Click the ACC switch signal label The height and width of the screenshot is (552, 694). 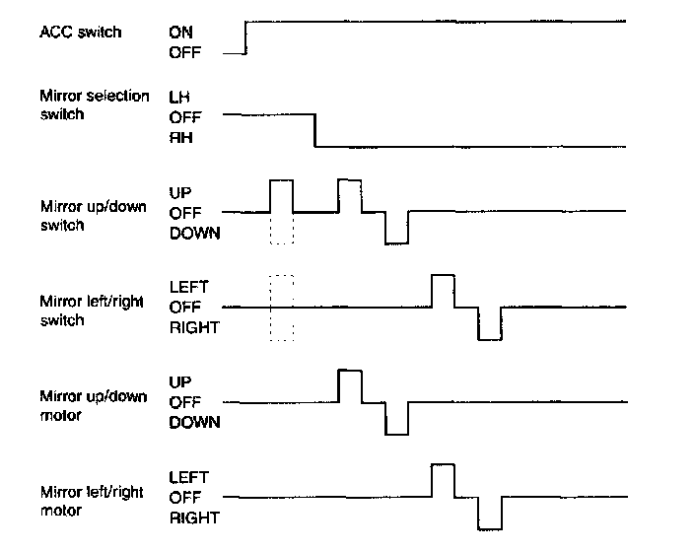[81, 33]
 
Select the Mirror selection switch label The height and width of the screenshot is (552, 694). [94, 104]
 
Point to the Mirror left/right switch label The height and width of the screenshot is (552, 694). [90, 310]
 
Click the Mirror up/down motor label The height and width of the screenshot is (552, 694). [94, 405]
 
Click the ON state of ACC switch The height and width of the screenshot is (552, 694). [180, 33]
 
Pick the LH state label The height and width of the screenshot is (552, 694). [179, 97]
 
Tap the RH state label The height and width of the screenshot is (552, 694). [180, 138]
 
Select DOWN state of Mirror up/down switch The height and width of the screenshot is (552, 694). [195, 233]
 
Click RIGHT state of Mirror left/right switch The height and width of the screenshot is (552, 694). [194, 327]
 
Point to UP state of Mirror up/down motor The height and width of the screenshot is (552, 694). [180, 380]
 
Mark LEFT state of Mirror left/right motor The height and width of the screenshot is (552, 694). [188, 476]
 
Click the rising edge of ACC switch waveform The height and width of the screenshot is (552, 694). [244, 37]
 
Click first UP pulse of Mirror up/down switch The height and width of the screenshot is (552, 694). [281, 195]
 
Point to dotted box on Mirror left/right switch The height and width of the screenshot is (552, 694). [281, 308]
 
